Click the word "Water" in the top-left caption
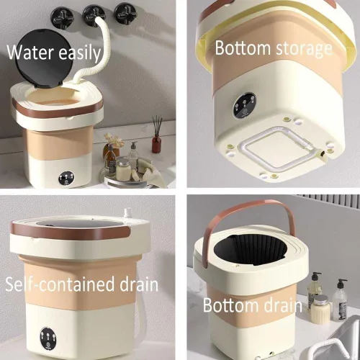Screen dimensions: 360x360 point(30,52)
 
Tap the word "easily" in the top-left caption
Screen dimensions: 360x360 point(80,53)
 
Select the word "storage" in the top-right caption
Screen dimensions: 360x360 point(304,48)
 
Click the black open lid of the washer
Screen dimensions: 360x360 point(44,58)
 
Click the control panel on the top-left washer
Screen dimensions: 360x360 point(66,178)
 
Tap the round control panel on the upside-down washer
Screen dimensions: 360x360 point(244,105)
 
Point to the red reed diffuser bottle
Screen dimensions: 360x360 point(156,143)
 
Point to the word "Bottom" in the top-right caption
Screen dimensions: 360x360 point(243,48)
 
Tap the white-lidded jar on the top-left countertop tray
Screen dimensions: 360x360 point(123,170)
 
